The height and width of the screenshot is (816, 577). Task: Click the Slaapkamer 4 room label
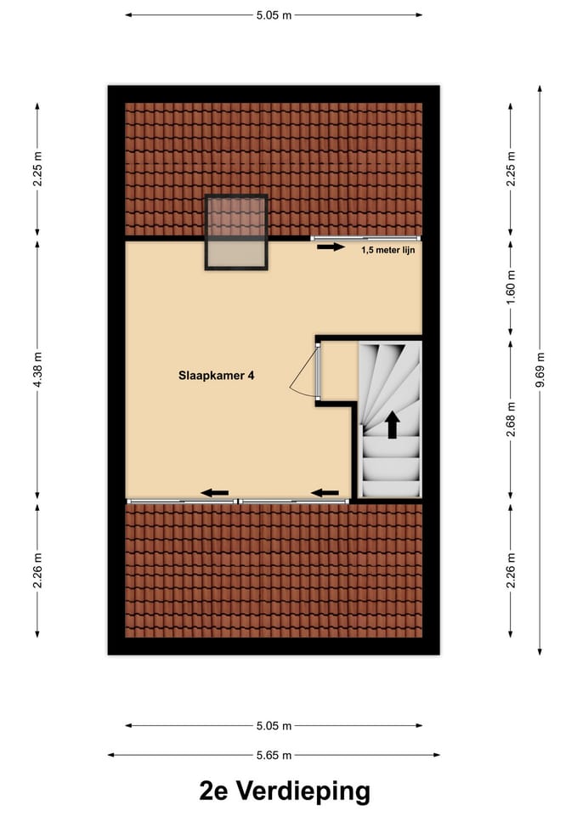pos(216,374)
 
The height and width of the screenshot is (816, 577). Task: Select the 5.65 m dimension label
pos(274,755)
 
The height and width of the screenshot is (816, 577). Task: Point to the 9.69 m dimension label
pos(540,370)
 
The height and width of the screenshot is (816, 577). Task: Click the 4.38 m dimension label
pos(37,370)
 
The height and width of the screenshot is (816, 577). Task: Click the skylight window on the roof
pos(236,232)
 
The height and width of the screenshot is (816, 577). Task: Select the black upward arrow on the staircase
pos(392,424)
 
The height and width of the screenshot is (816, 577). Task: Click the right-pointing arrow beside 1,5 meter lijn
pos(331,248)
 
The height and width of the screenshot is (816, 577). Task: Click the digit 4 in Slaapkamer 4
pos(250,374)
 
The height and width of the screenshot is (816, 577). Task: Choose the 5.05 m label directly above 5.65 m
pos(274,726)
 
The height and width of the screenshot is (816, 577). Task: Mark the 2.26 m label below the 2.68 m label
pos(510,570)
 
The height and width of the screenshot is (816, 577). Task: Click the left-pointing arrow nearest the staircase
pos(325,492)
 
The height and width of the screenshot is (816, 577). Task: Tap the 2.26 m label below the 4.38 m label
pos(37,570)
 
